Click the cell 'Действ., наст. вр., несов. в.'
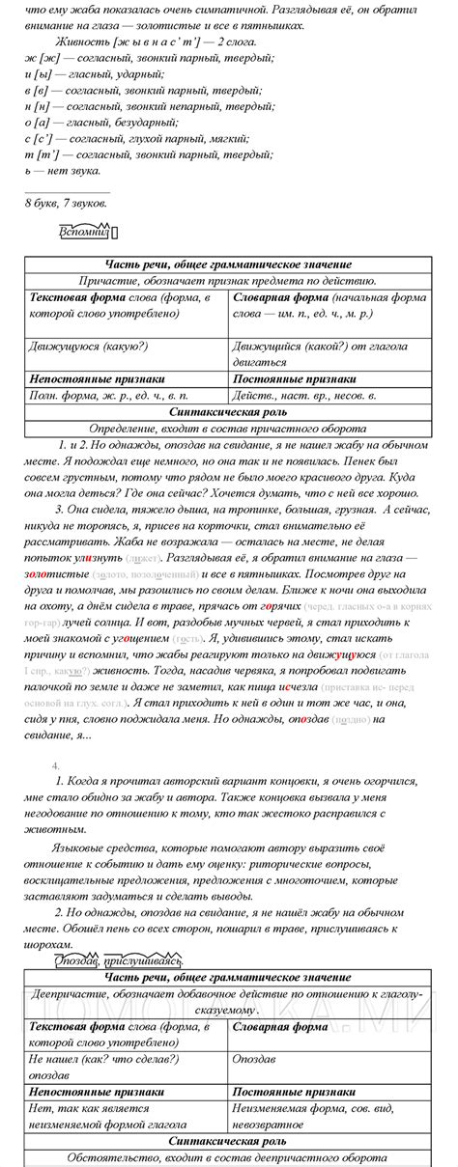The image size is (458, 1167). coord(305,397)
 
